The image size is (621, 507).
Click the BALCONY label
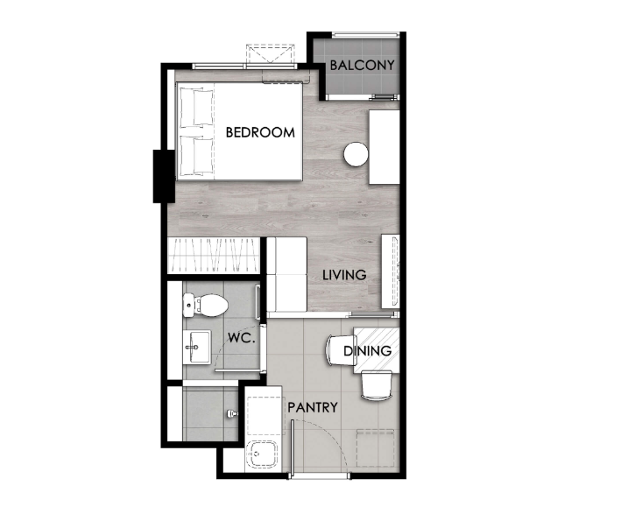[x=362, y=65]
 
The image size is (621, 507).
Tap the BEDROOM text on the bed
[x=260, y=132]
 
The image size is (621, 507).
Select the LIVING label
[x=344, y=275]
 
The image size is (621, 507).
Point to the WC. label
[x=241, y=338]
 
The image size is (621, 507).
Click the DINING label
[x=368, y=351]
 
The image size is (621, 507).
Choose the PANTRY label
[x=313, y=407]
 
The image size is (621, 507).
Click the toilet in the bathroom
[x=205, y=305]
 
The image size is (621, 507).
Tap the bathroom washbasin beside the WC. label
[x=197, y=347]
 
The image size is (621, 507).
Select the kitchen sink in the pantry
[x=261, y=455]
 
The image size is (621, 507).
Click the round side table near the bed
[x=356, y=154]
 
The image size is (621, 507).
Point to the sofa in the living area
[x=287, y=274]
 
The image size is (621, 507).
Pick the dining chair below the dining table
[x=377, y=385]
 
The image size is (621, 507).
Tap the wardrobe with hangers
[x=214, y=255]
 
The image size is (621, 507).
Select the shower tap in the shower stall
[x=232, y=414]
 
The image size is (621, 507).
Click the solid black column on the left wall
[x=164, y=176]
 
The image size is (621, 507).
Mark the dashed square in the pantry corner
[x=375, y=448]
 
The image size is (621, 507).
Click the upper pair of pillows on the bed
[x=197, y=107]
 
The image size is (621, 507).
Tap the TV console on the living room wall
[x=391, y=271]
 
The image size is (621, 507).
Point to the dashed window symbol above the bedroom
[x=271, y=54]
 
